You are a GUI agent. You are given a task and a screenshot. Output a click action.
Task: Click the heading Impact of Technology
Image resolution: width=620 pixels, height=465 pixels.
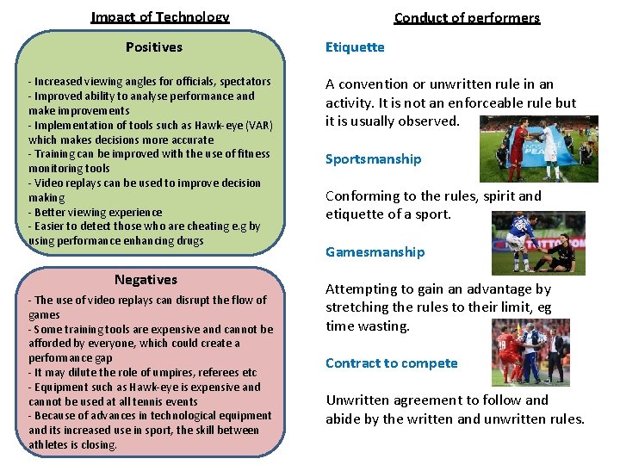click(x=160, y=17)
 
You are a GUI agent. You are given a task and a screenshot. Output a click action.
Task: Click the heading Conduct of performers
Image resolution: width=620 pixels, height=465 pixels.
click(x=467, y=17)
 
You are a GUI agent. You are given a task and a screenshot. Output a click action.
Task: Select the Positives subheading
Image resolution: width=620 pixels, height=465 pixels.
click(x=154, y=46)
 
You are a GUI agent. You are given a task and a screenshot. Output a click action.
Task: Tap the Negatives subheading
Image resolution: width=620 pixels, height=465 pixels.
click(x=146, y=279)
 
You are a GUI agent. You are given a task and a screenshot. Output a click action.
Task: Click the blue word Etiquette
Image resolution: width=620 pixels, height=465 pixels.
click(x=355, y=46)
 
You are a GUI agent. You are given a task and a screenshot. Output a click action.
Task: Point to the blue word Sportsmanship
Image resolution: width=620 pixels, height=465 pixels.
click(x=373, y=158)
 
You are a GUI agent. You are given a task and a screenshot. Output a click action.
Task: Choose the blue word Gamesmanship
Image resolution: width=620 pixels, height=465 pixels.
click(x=375, y=251)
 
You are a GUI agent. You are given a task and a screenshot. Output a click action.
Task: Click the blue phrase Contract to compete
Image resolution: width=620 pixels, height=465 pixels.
click(x=391, y=363)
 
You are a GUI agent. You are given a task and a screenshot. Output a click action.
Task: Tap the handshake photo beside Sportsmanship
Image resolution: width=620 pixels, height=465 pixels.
click(x=538, y=148)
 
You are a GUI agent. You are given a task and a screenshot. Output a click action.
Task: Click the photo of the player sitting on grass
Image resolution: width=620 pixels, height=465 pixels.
click(x=538, y=243)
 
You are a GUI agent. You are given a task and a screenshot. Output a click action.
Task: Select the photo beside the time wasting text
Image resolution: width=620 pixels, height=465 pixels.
click(x=530, y=351)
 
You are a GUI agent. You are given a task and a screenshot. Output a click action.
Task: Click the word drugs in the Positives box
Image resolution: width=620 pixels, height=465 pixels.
click(x=188, y=240)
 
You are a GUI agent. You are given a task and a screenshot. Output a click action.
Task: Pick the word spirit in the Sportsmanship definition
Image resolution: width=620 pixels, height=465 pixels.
click(x=493, y=195)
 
